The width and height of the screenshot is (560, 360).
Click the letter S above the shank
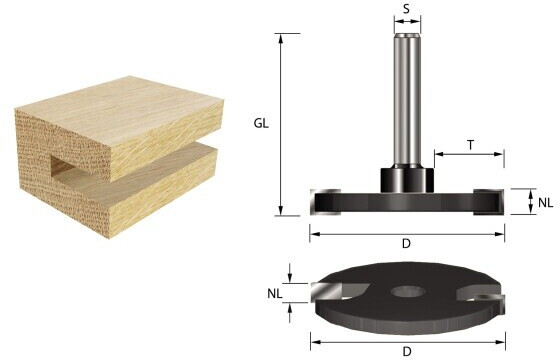click(406, 9)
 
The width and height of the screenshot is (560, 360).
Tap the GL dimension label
click(261, 123)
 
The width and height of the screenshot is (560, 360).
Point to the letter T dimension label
click(470, 145)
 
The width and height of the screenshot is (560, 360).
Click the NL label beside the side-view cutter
click(545, 203)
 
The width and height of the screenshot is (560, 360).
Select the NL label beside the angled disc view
click(275, 294)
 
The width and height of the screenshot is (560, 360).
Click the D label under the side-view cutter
click(406, 244)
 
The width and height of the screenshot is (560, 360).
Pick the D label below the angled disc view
click(407, 351)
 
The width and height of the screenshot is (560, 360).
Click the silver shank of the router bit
click(407, 100)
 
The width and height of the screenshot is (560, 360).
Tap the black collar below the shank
click(407, 180)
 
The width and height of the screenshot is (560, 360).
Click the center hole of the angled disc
click(408, 292)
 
